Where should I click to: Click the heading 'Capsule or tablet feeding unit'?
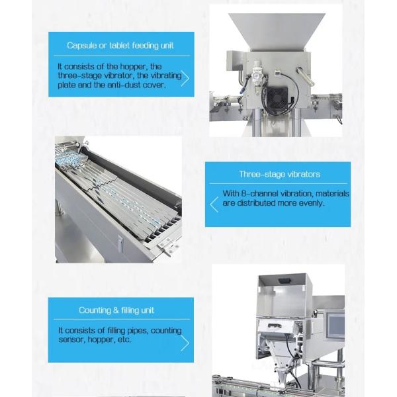pos(120,46)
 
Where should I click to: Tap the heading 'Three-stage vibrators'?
pos(279,174)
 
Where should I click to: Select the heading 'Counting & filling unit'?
pos(116,310)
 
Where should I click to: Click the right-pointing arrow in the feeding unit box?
pos(185,78)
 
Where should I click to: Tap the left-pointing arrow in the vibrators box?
pos(214,204)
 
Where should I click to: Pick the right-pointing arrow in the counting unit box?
pos(185,343)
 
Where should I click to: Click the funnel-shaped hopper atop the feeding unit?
pos(277,32)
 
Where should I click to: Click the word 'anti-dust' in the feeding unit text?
pos(124,85)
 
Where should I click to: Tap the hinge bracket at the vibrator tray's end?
pos(168,246)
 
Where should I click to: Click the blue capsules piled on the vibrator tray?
pos(68,158)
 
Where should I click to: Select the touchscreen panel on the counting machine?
pos(336,326)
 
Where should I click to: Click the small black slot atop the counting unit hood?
pos(285,281)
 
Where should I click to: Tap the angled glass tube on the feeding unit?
pos(305,77)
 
